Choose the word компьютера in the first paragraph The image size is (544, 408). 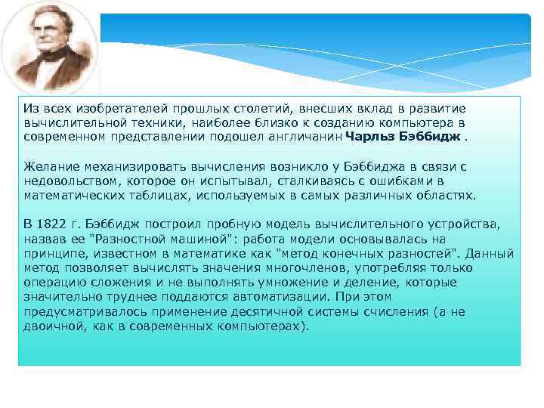pos(422,122)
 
